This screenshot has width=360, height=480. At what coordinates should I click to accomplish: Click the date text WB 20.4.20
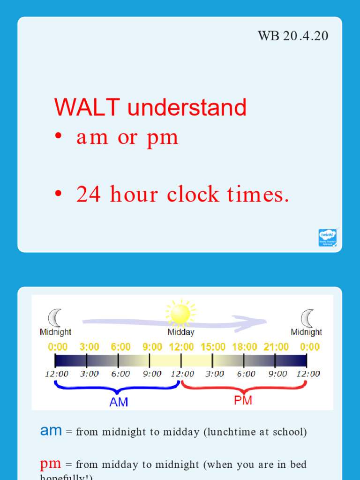click(x=293, y=36)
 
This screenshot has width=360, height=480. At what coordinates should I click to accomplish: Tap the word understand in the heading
click(x=187, y=108)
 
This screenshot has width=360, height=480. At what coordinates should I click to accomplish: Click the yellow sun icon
click(x=180, y=314)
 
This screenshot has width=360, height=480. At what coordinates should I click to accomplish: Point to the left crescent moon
click(x=55, y=318)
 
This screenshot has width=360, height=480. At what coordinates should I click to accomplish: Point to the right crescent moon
click(x=307, y=318)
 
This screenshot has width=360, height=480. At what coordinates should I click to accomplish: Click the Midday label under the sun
click(x=181, y=332)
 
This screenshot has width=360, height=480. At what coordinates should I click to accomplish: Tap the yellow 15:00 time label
click(x=213, y=347)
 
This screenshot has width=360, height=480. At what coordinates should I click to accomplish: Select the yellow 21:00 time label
click(x=276, y=347)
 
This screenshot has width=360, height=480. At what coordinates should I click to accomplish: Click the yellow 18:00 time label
click(x=244, y=347)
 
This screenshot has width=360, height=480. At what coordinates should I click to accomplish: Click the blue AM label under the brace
click(x=119, y=402)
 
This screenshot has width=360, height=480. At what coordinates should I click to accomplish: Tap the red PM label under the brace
click(x=243, y=400)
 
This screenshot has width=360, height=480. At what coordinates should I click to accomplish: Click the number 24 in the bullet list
click(x=89, y=195)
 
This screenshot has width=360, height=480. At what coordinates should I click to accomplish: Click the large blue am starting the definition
click(x=51, y=431)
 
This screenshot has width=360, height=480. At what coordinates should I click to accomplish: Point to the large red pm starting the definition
click(x=51, y=464)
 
